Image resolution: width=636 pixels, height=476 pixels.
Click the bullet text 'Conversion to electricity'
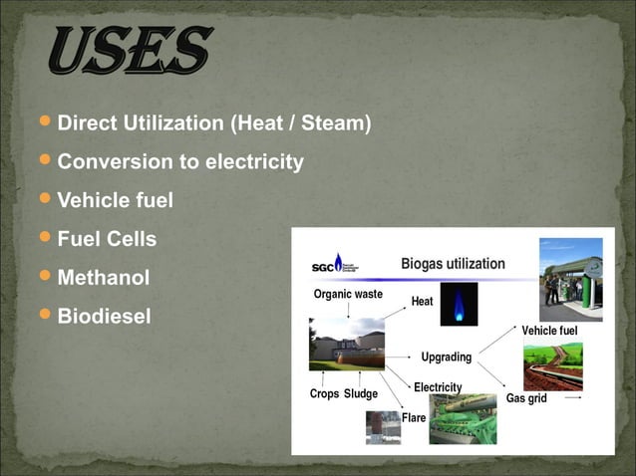point(180,161)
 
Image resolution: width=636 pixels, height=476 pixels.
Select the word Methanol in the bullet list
point(103,278)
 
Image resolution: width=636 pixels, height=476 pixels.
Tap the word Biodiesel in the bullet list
point(105,317)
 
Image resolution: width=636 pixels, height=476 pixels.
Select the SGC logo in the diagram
point(334,264)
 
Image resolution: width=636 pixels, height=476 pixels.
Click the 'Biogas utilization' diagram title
point(453,264)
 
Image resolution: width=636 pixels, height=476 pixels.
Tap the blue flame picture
point(459,304)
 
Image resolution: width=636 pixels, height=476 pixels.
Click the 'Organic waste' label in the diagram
point(348,294)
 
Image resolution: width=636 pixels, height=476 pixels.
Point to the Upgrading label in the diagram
point(446,357)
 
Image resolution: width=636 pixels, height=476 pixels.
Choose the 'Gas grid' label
point(525,398)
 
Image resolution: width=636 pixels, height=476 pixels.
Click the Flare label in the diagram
point(414,417)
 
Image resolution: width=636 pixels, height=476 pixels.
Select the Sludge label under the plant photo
point(361,393)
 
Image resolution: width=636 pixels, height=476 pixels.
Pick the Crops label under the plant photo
point(324,393)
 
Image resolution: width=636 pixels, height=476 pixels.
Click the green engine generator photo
point(463,418)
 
